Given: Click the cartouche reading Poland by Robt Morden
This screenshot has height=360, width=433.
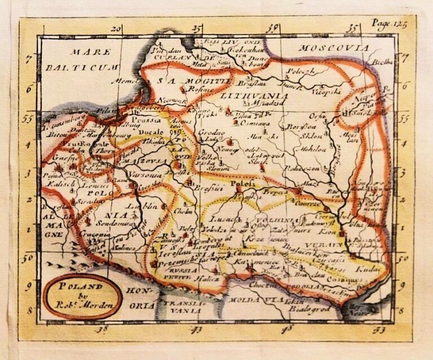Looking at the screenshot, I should (82, 296).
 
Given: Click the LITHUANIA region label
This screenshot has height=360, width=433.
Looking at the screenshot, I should (255, 96).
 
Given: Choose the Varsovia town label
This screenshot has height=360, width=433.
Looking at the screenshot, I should (144, 174).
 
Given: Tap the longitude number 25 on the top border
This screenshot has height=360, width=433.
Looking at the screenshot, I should (197, 29).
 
